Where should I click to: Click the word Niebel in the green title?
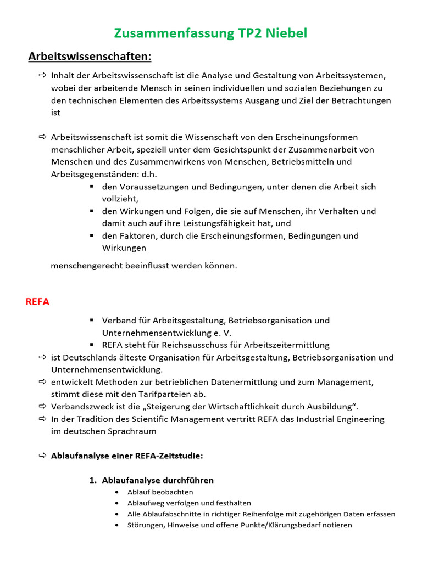tap(286, 33)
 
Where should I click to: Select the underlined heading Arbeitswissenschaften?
tap(90, 57)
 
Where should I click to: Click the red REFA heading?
tap(37, 302)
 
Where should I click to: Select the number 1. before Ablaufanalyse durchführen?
tap(93, 480)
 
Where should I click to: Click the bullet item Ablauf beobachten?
tap(160, 492)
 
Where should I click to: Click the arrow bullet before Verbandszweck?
tap(42, 407)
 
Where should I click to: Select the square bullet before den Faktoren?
tap(91, 236)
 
